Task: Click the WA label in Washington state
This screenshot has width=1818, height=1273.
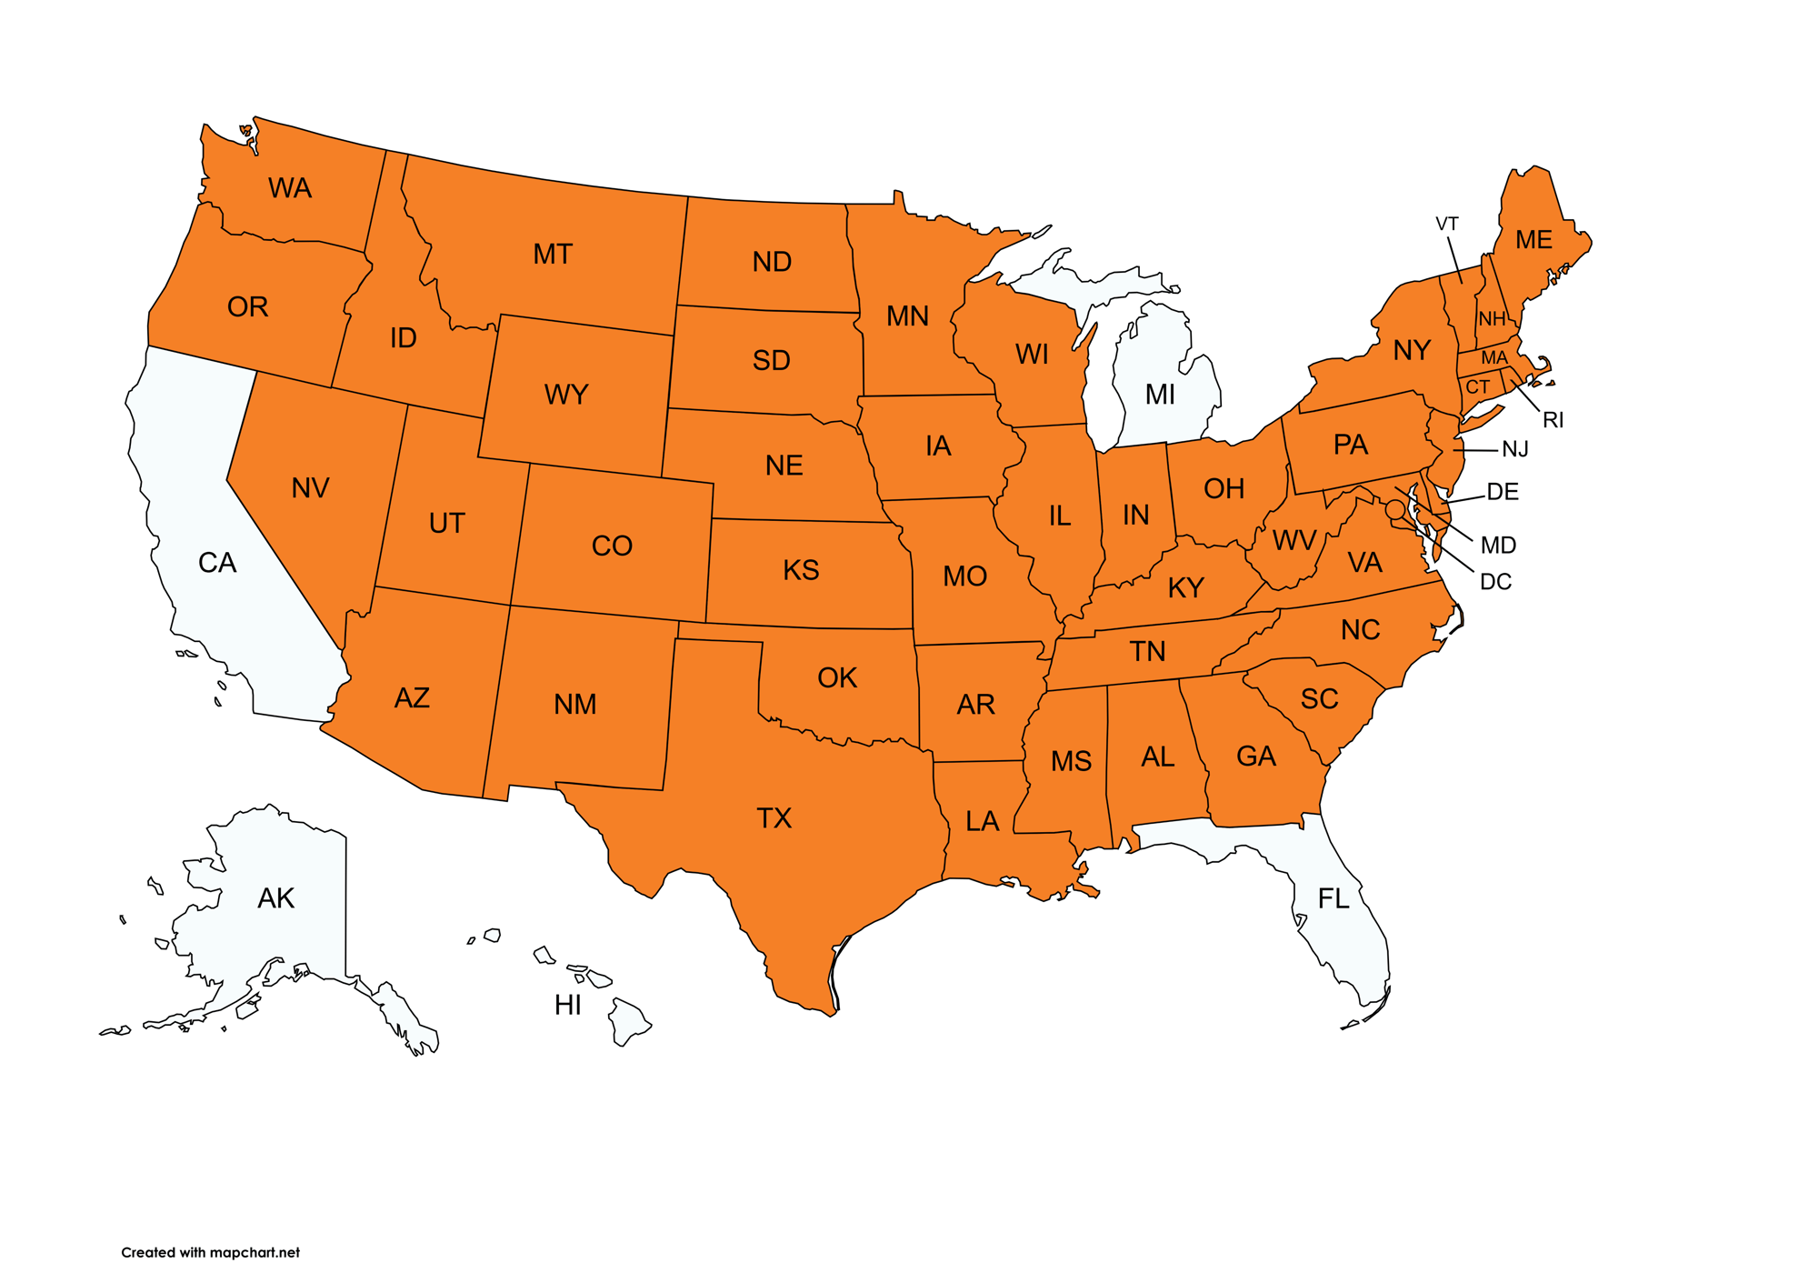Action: pos(290,188)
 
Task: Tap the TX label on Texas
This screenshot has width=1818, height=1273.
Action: pos(774,818)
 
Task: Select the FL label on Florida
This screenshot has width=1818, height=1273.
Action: pos(1334,899)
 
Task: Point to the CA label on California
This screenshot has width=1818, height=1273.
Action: pos(217,563)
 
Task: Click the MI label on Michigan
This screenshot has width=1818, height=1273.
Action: pos(1160,395)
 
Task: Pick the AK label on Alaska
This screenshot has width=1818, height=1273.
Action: pos(275,898)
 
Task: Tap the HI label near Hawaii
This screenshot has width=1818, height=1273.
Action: pos(568,1005)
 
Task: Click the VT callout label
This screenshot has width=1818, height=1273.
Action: pos(1447,224)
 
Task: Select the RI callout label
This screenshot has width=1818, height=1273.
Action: pos(1553,420)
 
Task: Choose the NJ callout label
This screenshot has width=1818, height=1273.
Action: pos(1515,449)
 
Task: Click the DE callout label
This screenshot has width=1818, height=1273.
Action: pos(1503,493)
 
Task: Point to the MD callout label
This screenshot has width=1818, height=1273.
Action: pos(1498,546)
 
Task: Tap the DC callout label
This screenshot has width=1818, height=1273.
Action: pos(1495,582)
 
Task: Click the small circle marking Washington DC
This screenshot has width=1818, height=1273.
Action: pos(1395,510)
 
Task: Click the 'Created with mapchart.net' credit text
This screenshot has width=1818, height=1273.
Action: pos(210,1252)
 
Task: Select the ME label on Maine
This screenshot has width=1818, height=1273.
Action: pos(1533,240)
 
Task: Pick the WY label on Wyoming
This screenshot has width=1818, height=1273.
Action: pos(566,395)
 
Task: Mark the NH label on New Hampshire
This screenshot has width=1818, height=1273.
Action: pos(1492,319)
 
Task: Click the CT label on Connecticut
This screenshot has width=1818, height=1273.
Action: pos(1478,387)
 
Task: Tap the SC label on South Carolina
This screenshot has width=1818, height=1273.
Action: pos(1319,699)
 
